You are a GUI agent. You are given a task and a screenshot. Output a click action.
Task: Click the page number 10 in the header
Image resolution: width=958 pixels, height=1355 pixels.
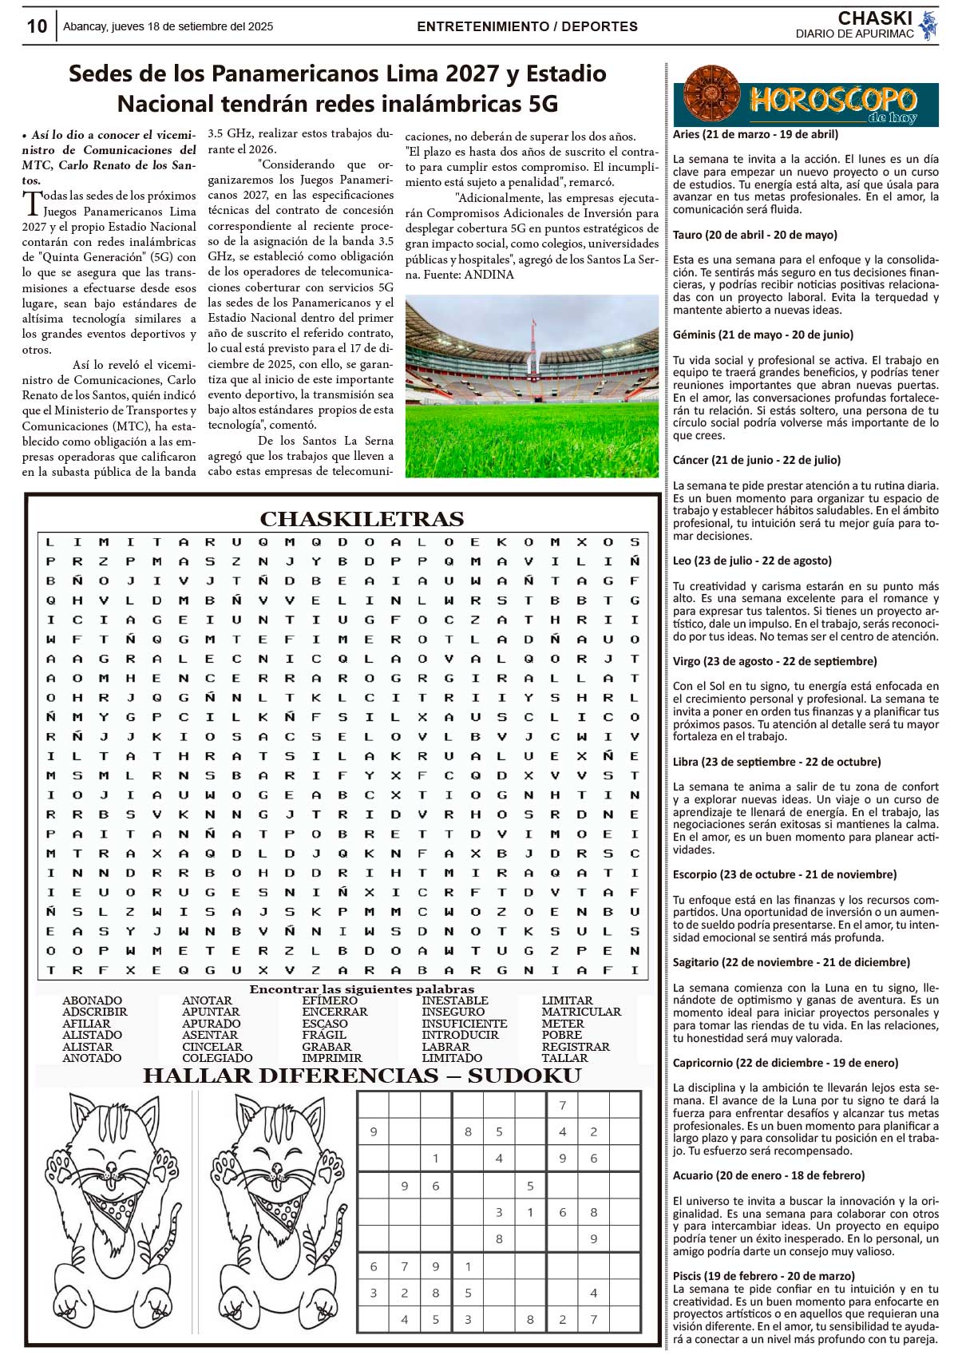pos(37,26)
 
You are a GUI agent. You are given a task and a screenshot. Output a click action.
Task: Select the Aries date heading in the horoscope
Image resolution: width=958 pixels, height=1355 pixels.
pos(755,134)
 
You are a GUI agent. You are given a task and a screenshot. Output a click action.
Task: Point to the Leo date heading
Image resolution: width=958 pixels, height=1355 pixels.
pos(751,561)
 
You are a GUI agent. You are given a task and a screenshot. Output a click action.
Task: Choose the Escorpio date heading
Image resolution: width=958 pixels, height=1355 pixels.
pos(784,874)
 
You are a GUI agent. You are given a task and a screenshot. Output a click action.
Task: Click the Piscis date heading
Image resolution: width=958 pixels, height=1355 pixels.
pos(763,1275)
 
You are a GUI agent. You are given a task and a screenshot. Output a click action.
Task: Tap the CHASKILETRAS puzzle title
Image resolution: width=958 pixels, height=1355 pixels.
pos(362,519)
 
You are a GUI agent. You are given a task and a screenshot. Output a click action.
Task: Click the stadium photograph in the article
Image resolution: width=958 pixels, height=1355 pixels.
pos(532,386)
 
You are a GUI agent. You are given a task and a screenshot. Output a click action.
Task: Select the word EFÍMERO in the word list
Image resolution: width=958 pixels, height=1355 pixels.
pos(330,1000)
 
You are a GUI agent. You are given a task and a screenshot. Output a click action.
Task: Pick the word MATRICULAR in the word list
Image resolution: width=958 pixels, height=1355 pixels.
pos(581,1012)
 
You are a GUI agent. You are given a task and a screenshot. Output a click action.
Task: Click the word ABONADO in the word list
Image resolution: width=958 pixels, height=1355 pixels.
pos(92,1000)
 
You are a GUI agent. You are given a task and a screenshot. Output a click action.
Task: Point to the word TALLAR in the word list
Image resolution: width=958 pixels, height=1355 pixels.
pos(564,1058)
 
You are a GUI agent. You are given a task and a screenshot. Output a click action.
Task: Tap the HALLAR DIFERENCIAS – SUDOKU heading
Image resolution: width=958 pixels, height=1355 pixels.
pos(362,1076)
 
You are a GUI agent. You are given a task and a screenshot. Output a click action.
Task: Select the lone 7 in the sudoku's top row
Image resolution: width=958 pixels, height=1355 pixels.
pos(562,1106)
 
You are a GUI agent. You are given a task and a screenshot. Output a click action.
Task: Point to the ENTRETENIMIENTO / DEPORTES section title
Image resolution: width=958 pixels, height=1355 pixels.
pos(527,26)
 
